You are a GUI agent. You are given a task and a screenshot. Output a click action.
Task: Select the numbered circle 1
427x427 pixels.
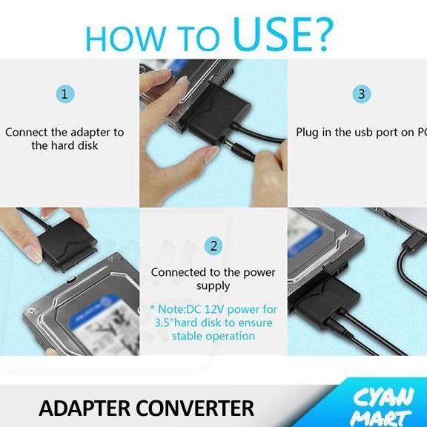pos(65,94)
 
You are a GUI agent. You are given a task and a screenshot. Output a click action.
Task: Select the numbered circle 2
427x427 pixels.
pos(213,245)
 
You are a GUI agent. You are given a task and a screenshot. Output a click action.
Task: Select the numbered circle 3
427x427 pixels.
pos(361,94)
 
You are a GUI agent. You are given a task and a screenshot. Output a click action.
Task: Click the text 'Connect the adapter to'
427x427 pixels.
pos(65,133)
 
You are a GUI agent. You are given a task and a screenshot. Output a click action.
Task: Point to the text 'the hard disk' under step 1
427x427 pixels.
pos(65,146)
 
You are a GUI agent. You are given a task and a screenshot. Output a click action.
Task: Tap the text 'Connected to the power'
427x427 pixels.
pos(213,272)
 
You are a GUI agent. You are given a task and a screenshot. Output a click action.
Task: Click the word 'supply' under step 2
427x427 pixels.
pos(213,286)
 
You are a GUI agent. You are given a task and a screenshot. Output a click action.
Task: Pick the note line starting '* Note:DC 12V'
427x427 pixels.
pos(213,309)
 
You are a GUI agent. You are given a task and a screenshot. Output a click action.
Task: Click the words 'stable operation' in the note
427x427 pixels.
pos(213,336)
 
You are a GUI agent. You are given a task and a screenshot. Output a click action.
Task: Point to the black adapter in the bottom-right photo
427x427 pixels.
pos(319,297)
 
